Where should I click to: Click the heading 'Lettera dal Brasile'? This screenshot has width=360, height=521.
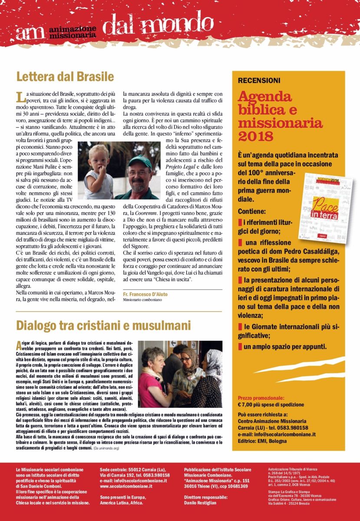[x=65, y=77]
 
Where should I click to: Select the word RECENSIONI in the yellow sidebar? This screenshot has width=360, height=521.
[x=259, y=80]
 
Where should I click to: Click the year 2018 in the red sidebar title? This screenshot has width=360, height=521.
[x=256, y=136]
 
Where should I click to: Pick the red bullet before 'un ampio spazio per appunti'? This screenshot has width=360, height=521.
[x=240, y=347]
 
